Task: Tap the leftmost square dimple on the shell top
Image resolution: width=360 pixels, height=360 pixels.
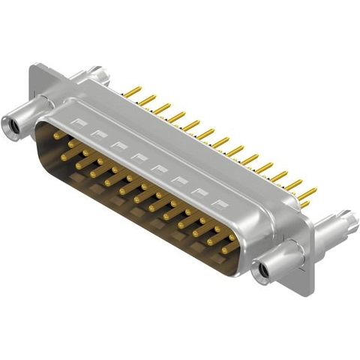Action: [76, 120]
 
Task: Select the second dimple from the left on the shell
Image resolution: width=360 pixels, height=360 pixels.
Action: [97, 132]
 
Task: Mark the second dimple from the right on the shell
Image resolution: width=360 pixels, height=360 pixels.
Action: [199, 190]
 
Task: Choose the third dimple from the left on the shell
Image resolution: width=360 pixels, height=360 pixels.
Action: [118, 143]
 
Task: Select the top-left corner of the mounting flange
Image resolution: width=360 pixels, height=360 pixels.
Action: [31, 68]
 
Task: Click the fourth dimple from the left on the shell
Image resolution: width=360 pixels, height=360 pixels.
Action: [138, 155]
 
